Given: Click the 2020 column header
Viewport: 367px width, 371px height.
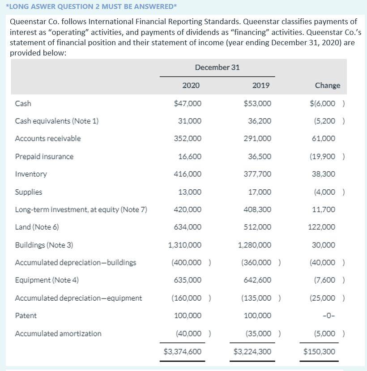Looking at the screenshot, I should (191, 85).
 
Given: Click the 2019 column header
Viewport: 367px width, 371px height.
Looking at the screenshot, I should (261, 85).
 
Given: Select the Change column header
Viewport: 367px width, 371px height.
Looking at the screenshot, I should (328, 85).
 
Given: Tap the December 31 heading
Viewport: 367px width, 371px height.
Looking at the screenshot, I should (217, 67).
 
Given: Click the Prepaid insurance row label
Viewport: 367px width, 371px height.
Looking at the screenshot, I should (44, 157).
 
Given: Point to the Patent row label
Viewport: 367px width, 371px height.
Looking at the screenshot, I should (26, 316).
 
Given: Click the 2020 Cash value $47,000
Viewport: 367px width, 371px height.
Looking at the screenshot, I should (188, 103).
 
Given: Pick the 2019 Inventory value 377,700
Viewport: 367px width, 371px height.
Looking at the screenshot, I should (257, 174).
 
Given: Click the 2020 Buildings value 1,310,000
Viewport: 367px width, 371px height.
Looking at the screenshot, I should (185, 245).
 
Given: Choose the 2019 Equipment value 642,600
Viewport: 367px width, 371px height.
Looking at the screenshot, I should (257, 280).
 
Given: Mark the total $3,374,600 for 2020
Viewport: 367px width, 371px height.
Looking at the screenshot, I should (183, 352).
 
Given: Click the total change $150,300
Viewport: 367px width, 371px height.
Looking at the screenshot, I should (319, 352).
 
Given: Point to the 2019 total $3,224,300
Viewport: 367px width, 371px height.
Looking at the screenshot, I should (252, 352).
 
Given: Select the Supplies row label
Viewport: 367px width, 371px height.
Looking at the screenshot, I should (29, 192).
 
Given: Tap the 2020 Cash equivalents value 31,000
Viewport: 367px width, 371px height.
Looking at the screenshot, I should (190, 121).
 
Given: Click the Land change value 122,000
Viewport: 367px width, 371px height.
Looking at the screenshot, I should (322, 227).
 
